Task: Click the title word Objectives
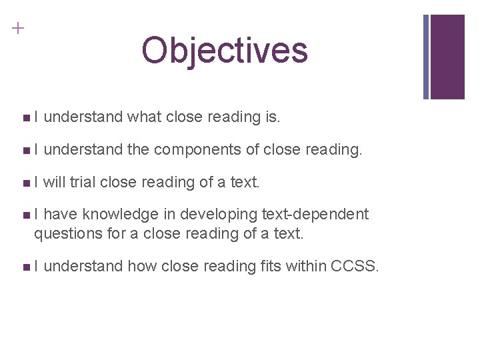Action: coord(225,51)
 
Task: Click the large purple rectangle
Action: coord(448,57)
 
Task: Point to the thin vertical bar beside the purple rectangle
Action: coord(427,57)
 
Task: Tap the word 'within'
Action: coord(305,267)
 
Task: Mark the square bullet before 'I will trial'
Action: coord(25,182)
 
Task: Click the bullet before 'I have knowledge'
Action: coord(25,214)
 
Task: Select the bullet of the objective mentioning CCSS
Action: coord(25,267)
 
